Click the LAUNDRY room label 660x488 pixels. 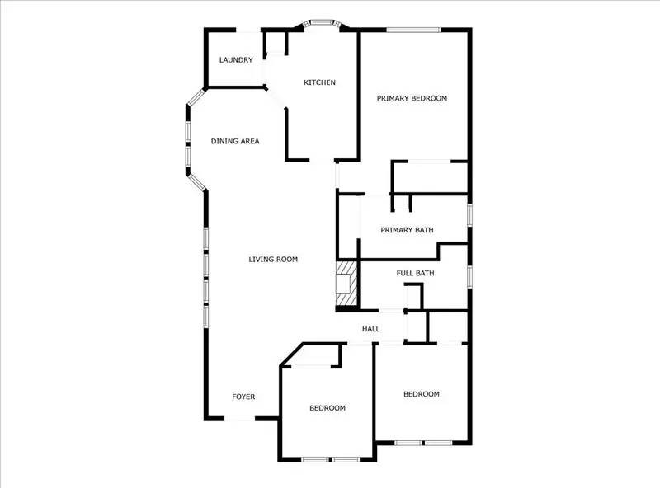pos(235,60)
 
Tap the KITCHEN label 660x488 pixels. pos(319,82)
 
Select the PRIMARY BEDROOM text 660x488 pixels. pos(412,98)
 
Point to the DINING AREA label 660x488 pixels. pos(235,141)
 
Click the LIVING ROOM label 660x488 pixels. pos(273,260)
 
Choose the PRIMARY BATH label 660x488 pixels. pos(407,230)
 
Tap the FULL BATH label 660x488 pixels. pos(415,273)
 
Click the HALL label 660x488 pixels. pos(370,330)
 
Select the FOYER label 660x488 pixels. pos(243,396)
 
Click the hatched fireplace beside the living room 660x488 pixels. pos(346,284)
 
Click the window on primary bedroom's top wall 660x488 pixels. pos(414,30)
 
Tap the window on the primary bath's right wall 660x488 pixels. pos(469,213)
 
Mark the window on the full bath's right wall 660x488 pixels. pos(469,275)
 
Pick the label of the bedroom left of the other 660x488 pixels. pos(328,408)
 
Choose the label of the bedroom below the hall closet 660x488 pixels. pos(421,394)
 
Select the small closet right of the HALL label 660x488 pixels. pos(417,328)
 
